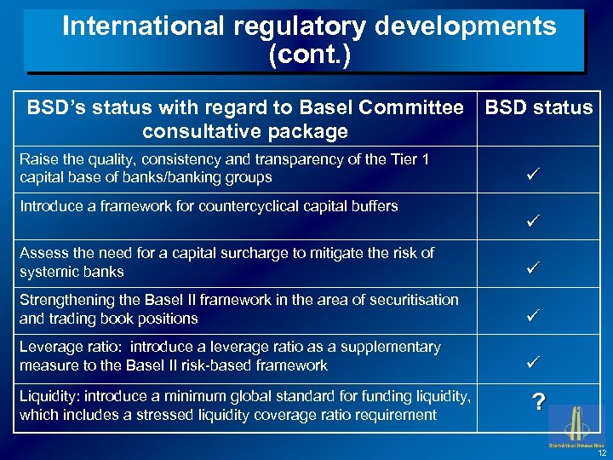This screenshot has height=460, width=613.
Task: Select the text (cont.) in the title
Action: pyautogui.click(x=309, y=56)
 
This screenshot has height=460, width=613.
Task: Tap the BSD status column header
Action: pyautogui.click(x=539, y=107)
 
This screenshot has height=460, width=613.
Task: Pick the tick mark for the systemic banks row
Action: pyautogui.click(x=534, y=269)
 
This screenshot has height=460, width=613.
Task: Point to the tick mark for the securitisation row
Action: pyautogui.click(x=534, y=316)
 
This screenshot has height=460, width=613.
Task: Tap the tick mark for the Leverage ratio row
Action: pyautogui.click(x=534, y=363)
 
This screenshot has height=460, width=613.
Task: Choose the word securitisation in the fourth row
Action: pyautogui.click(x=410, y=300)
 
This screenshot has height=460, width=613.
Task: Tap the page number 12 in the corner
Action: pyautogui.click(x=601, y=452)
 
